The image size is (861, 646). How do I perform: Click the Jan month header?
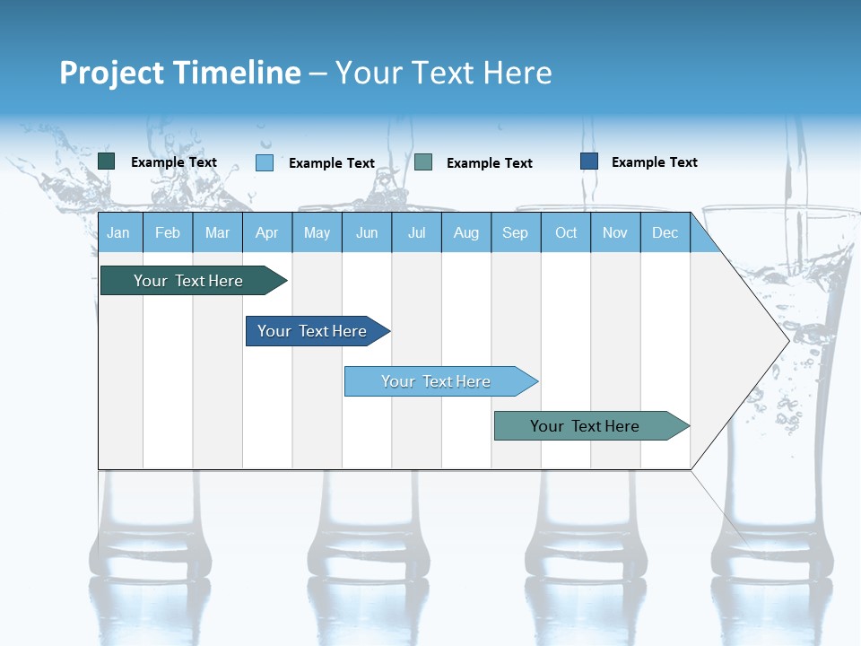pos(118,232)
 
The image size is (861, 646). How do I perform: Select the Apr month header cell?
pos(266,232)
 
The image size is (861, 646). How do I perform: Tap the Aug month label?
pos(465,232)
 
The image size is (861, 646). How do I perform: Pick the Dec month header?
pos(665,232)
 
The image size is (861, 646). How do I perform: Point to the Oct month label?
pos(566,232)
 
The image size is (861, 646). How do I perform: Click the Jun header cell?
pos(366,232)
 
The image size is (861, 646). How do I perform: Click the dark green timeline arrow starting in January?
pos(188,281)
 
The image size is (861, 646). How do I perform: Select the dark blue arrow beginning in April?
pos(312,331)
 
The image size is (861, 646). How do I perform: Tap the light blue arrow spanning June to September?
pos(436,381)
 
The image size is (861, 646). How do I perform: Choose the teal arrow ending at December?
pos(585,426)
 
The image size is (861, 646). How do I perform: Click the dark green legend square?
pos(107,161)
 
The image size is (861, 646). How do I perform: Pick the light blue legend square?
pos(265,162)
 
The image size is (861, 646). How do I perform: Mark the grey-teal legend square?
pos(423,162)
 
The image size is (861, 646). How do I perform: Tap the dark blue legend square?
pos(589,161)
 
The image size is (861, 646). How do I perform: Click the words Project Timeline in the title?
pos(179,73)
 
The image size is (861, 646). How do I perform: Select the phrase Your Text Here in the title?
pos(443,73)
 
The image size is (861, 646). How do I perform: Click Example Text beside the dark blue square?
pos(654,162)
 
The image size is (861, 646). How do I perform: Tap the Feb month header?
pos(168,232)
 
